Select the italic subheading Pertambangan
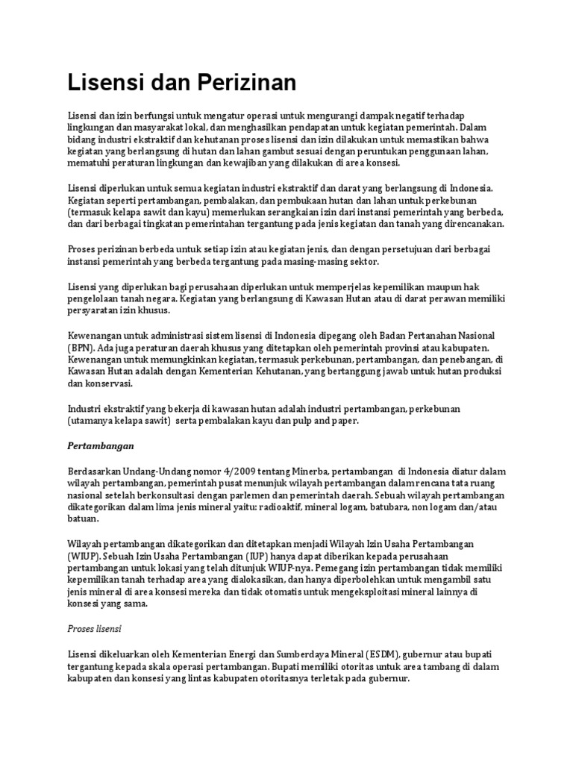(x=100, y=446)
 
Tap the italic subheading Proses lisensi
(x=94, y=628)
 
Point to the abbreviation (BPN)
(x=80, y=348)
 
